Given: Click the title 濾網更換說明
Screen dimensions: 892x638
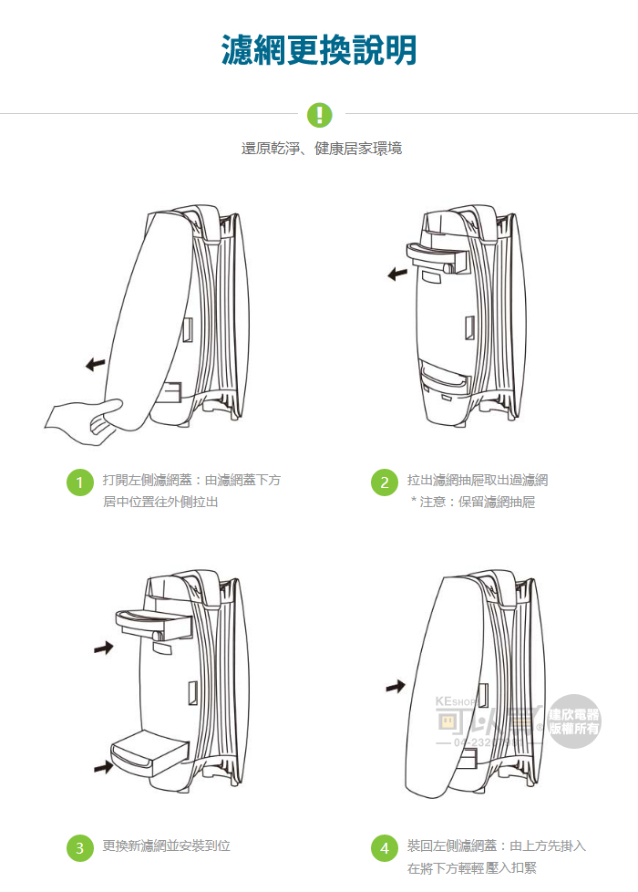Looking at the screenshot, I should (319, 50).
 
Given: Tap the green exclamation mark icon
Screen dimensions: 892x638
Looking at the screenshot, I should (319, 114).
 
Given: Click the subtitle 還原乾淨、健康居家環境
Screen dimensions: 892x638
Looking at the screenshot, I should (322, 149).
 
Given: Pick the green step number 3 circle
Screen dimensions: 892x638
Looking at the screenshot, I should (80, 848).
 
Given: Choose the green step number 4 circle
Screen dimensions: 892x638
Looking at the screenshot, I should (385, 848).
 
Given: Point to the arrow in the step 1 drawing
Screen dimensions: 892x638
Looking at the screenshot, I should (95, 365).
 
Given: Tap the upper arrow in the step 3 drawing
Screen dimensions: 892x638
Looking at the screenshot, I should (104, 648).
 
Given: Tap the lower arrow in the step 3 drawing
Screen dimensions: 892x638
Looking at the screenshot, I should (104, 768).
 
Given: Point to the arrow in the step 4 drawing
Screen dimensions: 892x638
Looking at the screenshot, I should (395, 685).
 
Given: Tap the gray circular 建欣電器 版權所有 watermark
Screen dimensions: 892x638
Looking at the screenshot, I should (573, 721).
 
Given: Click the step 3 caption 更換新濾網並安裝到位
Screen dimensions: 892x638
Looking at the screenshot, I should (166, 846).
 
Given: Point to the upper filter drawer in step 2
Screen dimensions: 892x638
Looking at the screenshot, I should (436, 259).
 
